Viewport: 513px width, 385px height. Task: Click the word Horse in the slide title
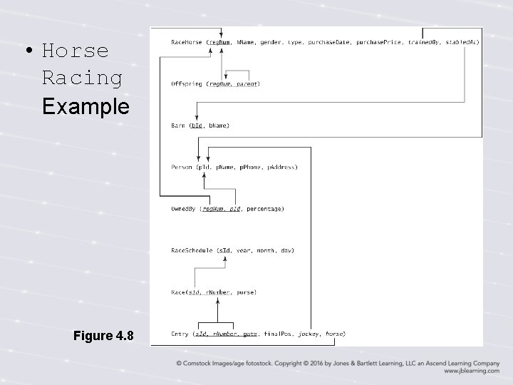75,51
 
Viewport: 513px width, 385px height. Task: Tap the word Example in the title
85,106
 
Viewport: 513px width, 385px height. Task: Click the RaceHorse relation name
187,42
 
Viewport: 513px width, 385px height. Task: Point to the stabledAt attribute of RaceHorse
462,42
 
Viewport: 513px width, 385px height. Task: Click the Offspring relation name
187,84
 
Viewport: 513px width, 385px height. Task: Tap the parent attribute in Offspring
247,84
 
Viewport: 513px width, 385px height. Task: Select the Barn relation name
178,125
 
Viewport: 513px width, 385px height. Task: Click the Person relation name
182,167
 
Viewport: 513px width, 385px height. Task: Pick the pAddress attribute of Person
281,167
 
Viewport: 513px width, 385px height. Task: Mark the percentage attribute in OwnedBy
265,209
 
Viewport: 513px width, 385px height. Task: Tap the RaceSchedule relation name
192,250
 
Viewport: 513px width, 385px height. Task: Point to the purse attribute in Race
245,292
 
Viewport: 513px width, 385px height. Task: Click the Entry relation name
180,334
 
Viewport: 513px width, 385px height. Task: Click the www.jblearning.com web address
471,371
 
